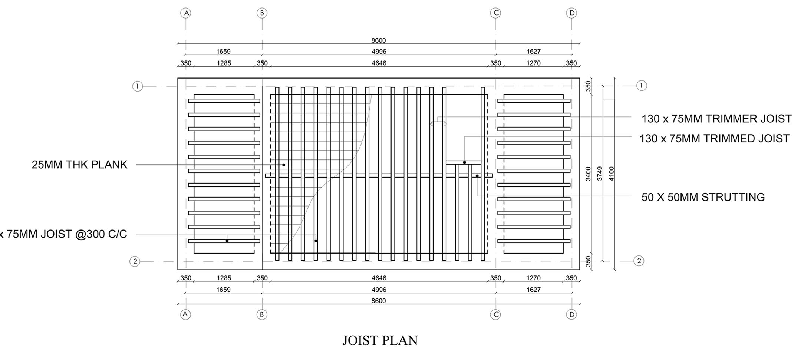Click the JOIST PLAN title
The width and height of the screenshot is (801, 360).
[380, 340]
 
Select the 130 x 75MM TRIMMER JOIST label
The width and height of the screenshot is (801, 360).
[716, 119]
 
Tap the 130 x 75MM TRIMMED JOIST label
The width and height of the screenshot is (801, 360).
[714, 139]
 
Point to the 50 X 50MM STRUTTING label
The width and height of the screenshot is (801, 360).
[703, 197]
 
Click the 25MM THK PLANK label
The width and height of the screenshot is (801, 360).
[79, 165]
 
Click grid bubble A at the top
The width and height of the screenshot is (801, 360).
[186, 13]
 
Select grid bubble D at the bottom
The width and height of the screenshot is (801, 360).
[571, 314]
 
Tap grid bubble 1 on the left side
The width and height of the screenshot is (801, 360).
[138, 86]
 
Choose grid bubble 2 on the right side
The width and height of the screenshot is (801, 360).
[639, 261]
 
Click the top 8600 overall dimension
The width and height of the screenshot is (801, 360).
[379, 40]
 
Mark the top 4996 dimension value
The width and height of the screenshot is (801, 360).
[379, 52]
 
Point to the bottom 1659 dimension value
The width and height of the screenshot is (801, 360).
[223, 290]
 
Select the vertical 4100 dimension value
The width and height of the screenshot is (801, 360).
[612, 174]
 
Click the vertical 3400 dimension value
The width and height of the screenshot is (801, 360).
[588, 174]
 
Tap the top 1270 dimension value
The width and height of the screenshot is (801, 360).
[533, 63]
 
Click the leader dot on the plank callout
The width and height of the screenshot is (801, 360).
[284, 165]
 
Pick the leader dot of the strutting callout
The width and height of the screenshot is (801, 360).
[477, 176]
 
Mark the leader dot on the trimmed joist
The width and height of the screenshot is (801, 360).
[464, 162]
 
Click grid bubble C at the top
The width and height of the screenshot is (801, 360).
[495, 13]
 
